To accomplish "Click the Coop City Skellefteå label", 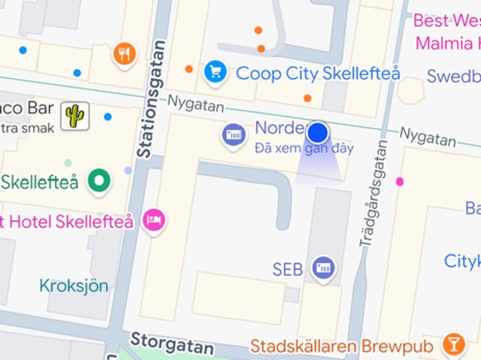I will pyautogui.click(x=317, y=73).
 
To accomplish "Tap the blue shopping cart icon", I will pyautogui.click(x=216, y=72).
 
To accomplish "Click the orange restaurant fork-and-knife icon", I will pyautogui.click(x=124, y=53).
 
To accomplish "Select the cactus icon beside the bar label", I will pyautogui.click(x=75, y=115).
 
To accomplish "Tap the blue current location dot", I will pyautogui.click(x=318, y=133).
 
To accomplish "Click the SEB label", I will pyautogui.click(x=288, y=268).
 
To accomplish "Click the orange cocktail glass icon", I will pyautogui.click(x=453, y=344).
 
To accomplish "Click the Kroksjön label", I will pyautogui.click(x=74, y=286).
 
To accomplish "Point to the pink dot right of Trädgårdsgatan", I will pyautogui.click(x=400, y=181).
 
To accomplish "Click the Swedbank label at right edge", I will pyautogui.click(x=453, y=76).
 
